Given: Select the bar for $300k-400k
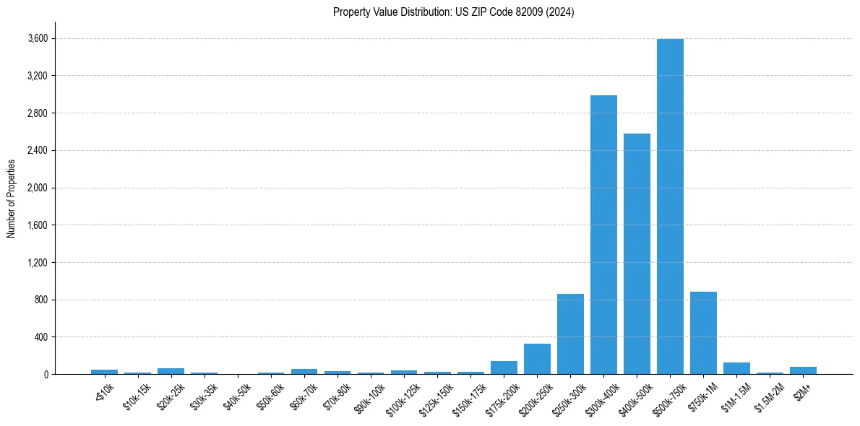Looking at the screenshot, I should [603, 235].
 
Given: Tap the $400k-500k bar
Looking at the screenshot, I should [637, 253].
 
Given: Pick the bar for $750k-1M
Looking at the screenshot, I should [703, 333].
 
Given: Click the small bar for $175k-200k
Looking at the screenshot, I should [504, 368].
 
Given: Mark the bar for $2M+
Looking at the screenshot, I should [803, 370].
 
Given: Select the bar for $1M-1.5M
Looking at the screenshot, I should [736, 368].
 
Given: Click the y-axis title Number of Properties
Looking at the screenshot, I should [11, 198].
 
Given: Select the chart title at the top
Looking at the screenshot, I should [453, 12].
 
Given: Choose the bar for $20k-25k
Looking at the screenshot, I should [171, 371].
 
